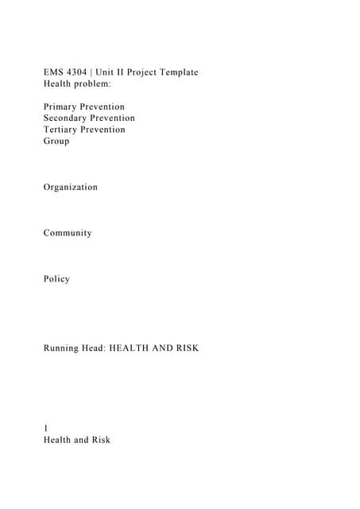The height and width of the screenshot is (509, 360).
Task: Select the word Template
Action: point(176,72)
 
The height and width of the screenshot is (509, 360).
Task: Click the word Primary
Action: point(61,107)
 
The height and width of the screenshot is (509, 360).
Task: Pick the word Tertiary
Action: point(62,130)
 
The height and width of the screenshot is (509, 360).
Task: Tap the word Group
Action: point(56,141)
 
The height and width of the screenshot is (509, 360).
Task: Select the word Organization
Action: point(71,187)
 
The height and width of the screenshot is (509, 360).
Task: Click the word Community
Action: point(68,233)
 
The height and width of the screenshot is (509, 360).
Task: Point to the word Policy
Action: point(57,279)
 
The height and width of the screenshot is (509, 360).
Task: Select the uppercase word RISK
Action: point(184,348)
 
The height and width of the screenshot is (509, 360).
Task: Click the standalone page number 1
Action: point(46,428)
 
